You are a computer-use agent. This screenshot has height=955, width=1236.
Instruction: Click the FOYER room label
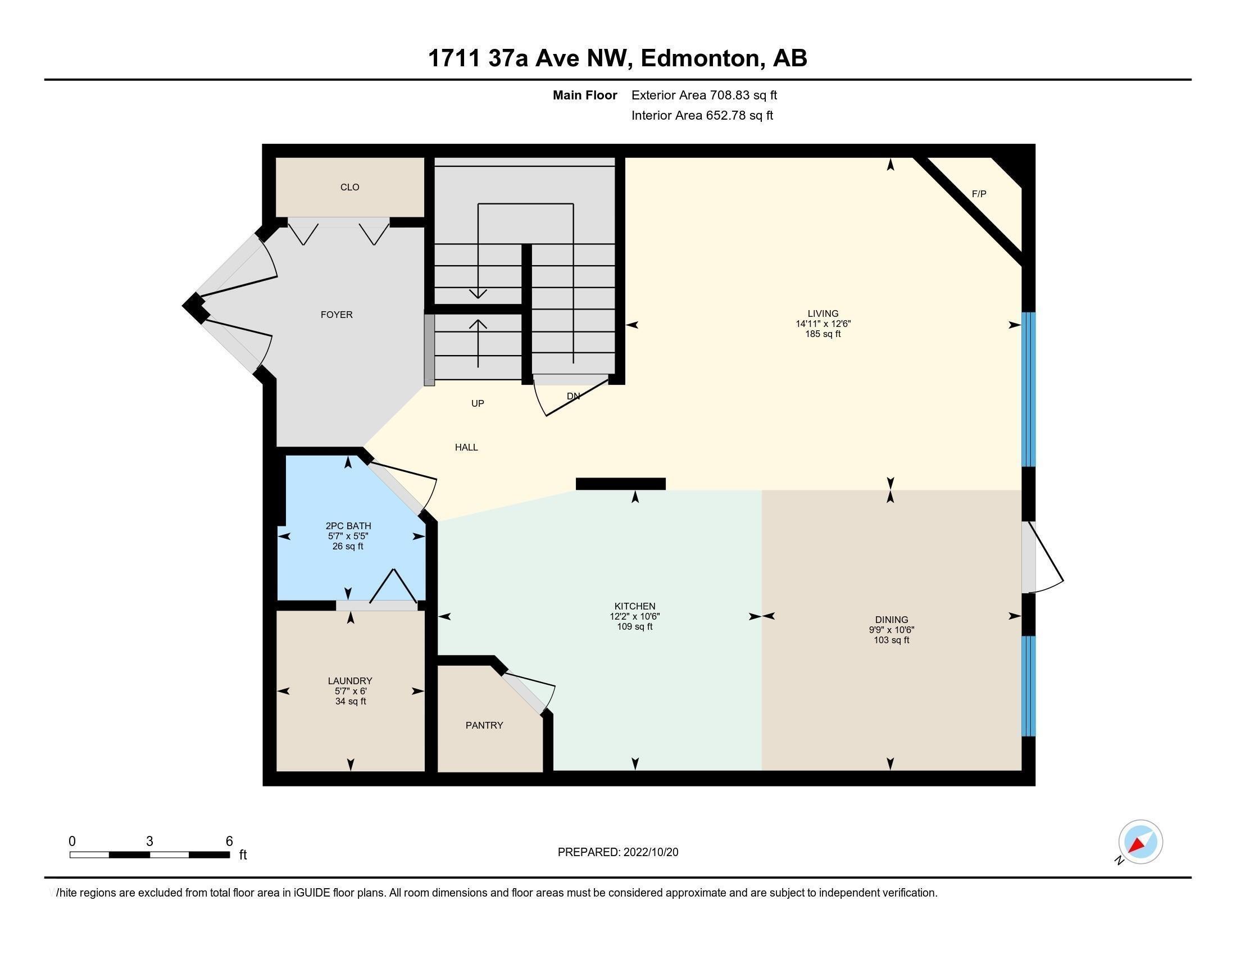[x=336, y=315]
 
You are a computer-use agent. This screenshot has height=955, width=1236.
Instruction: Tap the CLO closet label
[x=350, y=187]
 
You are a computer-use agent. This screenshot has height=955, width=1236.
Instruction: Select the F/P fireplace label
[x=979, y=194]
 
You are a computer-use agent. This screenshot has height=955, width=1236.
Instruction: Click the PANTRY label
[x=484, y=725]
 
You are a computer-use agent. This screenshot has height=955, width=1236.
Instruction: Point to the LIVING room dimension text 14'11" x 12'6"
[x=823, y=324]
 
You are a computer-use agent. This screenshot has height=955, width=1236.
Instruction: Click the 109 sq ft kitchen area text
[x=634, y=627]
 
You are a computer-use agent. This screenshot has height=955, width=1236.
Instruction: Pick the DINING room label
[x=892, y=620]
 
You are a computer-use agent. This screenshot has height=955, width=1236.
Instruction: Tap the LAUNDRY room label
[x=350, y=681]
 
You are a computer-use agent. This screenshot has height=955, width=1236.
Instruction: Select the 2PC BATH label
[x=348, y=526]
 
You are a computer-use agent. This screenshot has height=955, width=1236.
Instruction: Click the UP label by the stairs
[x=478, y=403]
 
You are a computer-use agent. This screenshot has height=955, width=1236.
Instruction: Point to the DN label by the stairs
[x=573, y=396]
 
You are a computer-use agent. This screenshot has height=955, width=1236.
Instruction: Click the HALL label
[x=466, y=448]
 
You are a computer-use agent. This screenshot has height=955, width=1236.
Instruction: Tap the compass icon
[x=1140, y=842]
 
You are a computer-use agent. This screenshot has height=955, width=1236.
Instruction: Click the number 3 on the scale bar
[x=149, y=842]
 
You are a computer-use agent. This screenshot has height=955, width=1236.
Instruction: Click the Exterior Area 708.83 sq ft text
[x=704, y=95]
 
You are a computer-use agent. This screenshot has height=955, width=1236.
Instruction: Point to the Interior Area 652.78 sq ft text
[x=702, y=115]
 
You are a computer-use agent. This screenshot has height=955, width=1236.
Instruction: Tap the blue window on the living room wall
[x=1028, y=389]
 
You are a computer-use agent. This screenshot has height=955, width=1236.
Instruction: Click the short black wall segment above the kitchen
[x=620, y=484]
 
